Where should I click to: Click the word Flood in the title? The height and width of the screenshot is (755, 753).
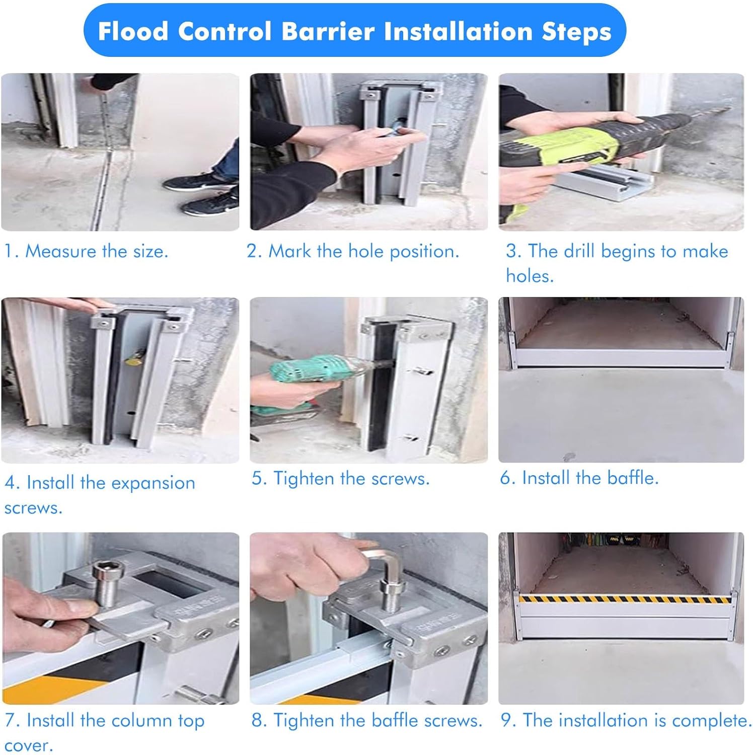133,31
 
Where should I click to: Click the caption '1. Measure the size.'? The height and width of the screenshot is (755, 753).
86,251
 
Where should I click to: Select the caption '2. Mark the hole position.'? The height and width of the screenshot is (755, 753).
353,251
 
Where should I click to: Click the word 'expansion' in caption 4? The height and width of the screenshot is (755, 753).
153,483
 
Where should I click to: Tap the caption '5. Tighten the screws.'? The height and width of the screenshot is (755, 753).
341,478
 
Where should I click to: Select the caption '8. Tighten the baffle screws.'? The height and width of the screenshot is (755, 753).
367,720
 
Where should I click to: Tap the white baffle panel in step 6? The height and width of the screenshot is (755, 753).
620,358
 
